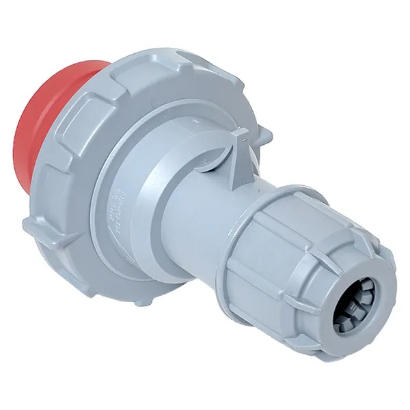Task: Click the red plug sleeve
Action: tap(41, 137)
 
